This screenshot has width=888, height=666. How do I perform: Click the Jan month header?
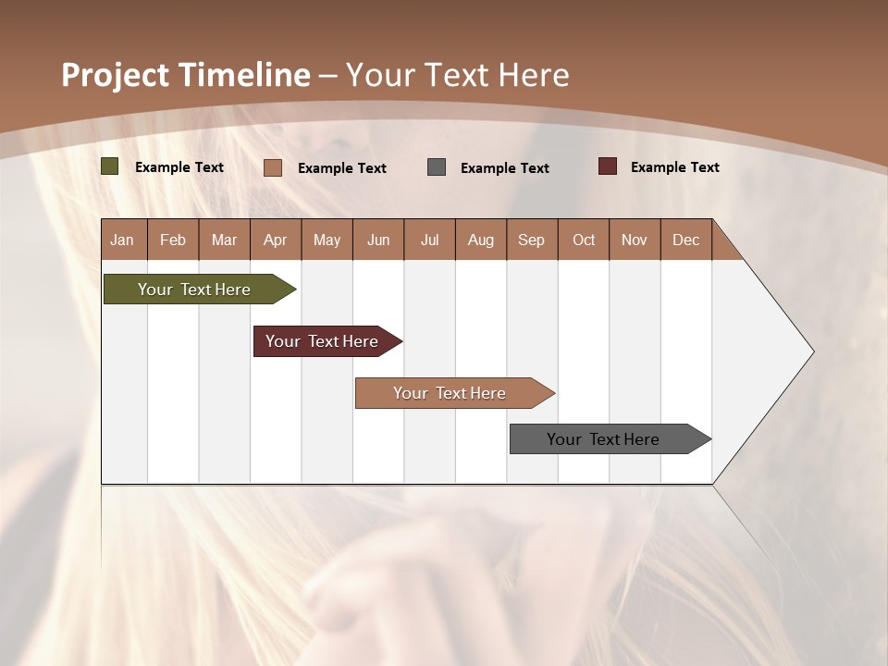tap(122, 240)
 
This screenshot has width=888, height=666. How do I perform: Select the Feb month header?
tap(173, 240)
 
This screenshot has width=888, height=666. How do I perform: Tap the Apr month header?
tap(275, 240)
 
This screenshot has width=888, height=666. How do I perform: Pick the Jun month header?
tap(378, 240)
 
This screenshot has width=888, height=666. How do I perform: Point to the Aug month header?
tap(480, 240)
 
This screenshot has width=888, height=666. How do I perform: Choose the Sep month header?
tap(531, 240)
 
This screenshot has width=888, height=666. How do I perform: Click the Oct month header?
tap(584, 240)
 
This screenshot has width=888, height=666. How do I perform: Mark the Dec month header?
tap(685, 240)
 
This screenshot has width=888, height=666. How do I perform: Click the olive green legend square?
tap(110, 166)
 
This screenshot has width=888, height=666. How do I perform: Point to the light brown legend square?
tap(273, 167)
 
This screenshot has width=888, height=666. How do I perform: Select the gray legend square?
tap(437, 166)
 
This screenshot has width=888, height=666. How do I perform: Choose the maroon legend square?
tap(608, 166)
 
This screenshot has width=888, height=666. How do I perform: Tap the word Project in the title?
tap(116, 75)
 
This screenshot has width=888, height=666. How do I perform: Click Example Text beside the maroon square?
tap(674, 167)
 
